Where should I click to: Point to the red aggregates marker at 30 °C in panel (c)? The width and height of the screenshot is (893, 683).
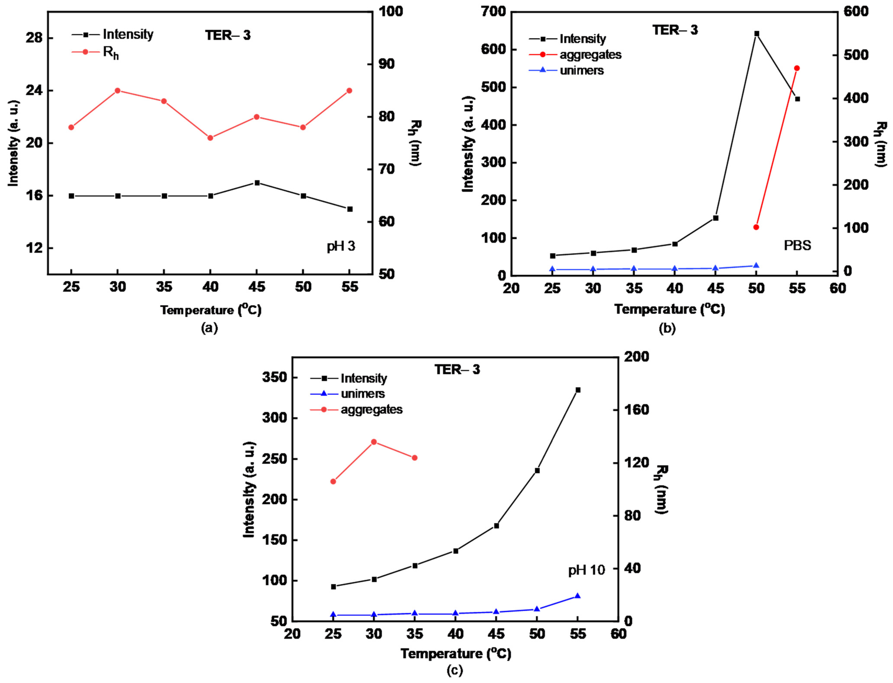coord(374,442)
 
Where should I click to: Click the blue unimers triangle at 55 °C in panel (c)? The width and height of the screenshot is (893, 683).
coord(577,596)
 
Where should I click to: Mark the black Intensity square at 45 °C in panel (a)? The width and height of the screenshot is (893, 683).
coord(257,183)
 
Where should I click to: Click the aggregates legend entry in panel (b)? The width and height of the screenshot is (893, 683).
coord(590,54)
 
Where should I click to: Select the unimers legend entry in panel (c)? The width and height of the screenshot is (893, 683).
coord(362,394)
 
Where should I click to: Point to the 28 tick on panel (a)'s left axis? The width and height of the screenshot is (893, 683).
coord(34,38)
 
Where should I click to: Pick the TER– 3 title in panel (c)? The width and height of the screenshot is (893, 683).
coord(457,370)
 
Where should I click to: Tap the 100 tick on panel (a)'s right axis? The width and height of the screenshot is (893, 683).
coord(391,11)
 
